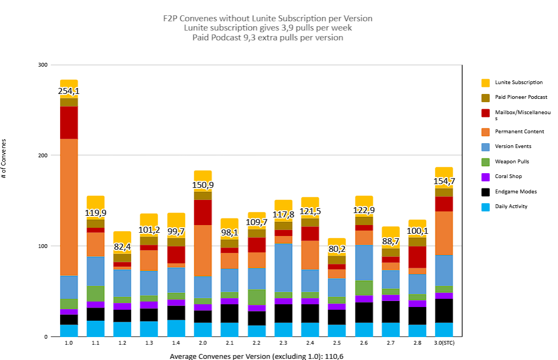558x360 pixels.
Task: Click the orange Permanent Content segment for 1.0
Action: pos(69,207)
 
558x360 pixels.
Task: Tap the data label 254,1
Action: pos(69,91)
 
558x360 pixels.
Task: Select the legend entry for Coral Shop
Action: pos(508,176)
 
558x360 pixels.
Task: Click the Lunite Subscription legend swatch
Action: pos(485,82)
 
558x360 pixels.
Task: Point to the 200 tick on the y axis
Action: pos(42,155)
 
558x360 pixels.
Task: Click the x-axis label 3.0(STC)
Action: pos(443,343)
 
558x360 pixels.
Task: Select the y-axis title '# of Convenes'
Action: pos(4,159)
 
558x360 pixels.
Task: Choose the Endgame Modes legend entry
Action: pos(515,191)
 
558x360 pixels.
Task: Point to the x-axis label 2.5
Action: pos(336,343)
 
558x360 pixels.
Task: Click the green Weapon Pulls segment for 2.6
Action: pos(364,288)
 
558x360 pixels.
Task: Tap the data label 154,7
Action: pos(444,181)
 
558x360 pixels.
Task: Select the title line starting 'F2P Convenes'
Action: pos(268,18)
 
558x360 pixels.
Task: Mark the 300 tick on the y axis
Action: pos(42,64)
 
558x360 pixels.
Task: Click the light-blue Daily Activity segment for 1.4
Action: pos(176,328)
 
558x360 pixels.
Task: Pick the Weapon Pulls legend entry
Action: pos(512,161)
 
